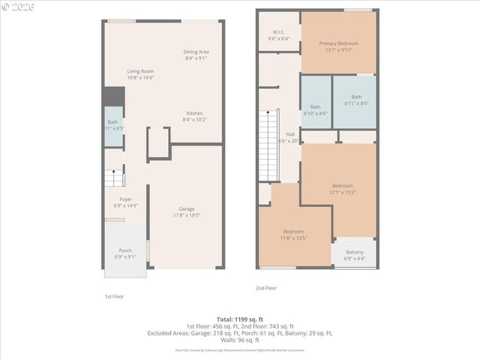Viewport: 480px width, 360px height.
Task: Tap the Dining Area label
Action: [196, 54]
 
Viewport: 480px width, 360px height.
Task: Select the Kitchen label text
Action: [195, 115]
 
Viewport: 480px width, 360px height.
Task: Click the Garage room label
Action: [187, 211]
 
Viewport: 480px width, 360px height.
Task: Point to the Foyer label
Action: [125, 202]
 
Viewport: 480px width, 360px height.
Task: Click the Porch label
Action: [125, 253]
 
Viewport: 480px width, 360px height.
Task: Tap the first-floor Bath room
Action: [113, 125]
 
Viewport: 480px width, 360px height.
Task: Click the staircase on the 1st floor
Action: [114, 178]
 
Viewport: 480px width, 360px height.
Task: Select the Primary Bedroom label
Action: [338, 46]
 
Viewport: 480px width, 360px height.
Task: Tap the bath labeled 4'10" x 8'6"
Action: [315, 109]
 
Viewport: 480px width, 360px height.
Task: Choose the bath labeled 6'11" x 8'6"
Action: [356, 100]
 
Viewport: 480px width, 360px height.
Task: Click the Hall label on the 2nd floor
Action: [289, 136]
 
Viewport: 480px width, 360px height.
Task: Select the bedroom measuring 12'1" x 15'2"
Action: [342, 188]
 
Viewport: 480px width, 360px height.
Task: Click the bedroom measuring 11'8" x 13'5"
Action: [293, 234]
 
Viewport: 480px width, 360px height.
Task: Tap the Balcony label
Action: [355, 255]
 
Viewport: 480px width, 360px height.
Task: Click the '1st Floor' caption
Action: [113, 296]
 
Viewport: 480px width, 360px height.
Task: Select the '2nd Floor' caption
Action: [266, 287]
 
